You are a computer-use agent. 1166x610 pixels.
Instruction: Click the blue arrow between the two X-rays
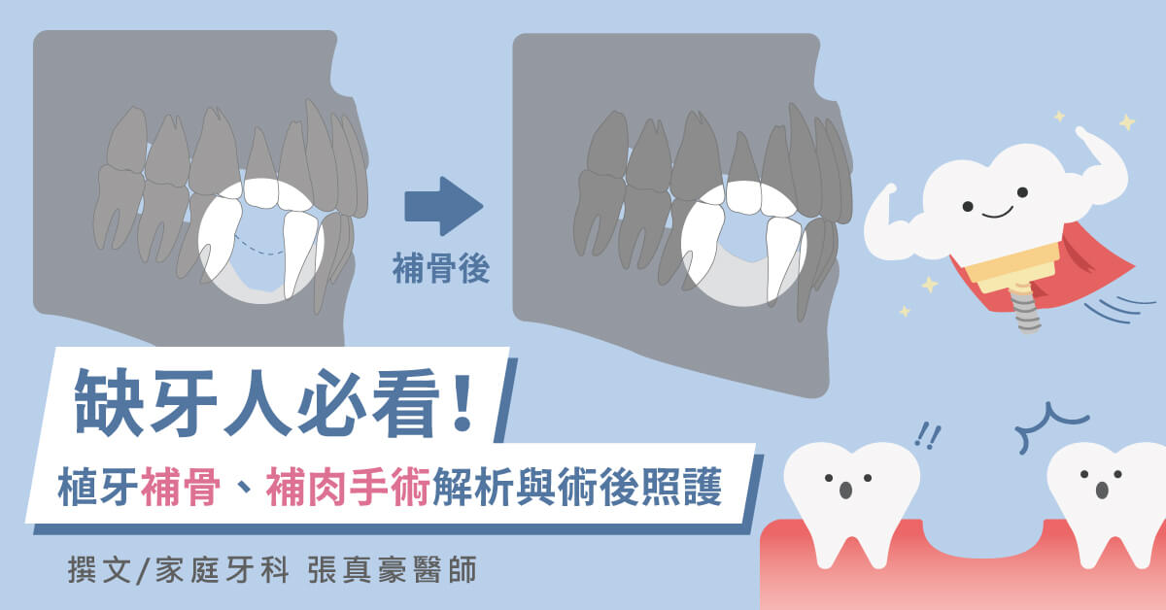point(443,206)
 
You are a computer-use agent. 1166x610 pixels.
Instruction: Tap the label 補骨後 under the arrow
point(441,268)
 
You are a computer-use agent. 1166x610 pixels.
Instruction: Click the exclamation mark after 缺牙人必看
point(462,401)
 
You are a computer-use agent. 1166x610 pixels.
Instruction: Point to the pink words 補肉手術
point(348,487)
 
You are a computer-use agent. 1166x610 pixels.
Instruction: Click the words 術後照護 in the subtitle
point(639,487)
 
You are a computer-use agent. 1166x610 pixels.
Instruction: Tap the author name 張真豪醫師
point(392,570)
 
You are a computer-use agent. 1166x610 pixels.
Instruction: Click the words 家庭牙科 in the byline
point(223,570)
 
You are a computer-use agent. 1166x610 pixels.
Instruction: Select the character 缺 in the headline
point(108,402)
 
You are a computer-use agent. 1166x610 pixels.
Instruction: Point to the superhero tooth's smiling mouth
point(997,213)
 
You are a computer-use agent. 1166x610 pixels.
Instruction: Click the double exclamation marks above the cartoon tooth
point(928,435)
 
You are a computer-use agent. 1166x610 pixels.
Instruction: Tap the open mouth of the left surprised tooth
point(846,491)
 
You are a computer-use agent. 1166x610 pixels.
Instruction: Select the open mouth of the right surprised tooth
point(1102,491)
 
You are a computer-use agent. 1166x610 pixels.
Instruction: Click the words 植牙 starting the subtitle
point(98,487)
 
